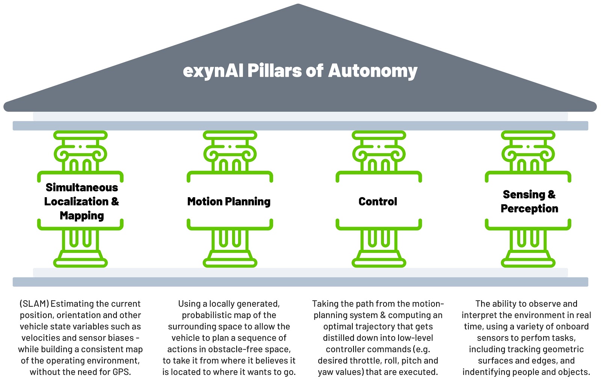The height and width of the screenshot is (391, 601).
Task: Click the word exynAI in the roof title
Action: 213,71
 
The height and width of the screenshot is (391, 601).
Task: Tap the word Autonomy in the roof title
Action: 373,71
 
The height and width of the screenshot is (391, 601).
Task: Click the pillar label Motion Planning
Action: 229,202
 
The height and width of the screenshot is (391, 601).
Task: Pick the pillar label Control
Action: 378,202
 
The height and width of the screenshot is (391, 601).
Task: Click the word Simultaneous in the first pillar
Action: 82,187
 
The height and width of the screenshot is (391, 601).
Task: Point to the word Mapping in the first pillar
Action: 82,216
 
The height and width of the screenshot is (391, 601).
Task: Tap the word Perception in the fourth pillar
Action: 529,209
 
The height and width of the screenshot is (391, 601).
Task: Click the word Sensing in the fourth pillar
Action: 524,195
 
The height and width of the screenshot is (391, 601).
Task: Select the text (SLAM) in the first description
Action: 34,304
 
